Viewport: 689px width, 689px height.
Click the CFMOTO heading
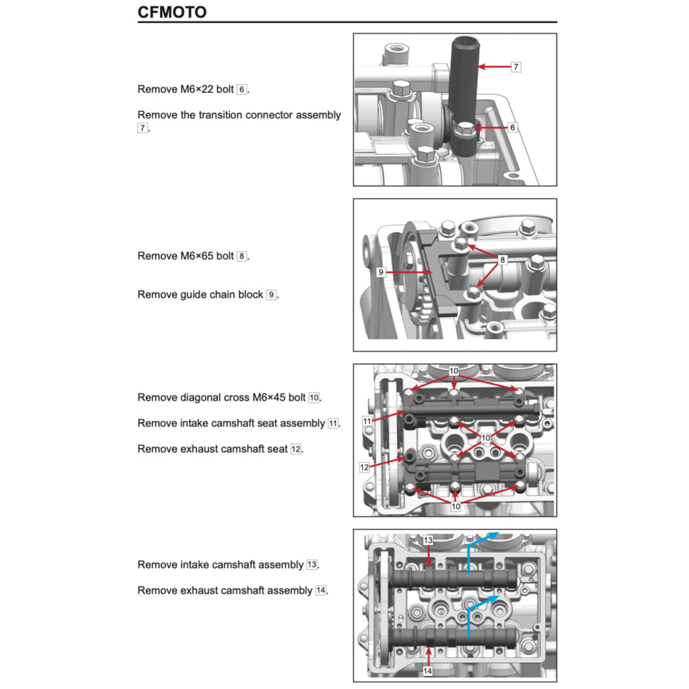point(172,12)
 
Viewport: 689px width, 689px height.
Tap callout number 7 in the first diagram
point(516,67)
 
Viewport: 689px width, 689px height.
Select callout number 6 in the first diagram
point(513,127)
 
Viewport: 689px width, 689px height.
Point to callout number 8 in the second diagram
point(503,260)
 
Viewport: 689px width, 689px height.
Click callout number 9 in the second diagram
point(381,273)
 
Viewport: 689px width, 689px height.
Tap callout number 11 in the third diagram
point(367,421)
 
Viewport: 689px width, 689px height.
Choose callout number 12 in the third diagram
point(364,466)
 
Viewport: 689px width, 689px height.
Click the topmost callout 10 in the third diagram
point(454,371)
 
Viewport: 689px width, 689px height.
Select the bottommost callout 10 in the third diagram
point(456,506)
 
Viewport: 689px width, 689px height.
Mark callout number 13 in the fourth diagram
point(428,540)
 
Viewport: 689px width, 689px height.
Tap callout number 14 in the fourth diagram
point(428,670)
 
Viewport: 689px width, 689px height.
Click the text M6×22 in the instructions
point(199,89)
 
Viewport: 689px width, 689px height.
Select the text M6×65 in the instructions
point(199,256)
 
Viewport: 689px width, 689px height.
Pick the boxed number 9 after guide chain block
point(271,295)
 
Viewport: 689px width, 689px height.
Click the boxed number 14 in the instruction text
point(321,591)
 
